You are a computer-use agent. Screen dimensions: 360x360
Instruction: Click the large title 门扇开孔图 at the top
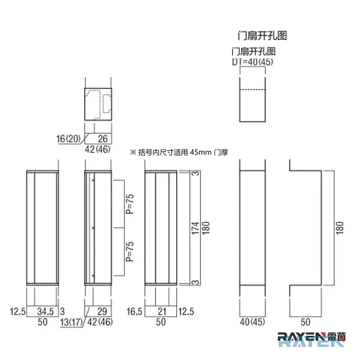tap(262, 36)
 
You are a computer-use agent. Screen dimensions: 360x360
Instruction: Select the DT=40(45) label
tap(252, 61)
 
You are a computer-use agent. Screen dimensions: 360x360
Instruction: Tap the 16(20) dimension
tap(69, 138)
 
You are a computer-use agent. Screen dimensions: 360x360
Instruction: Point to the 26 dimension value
tap(103, 138)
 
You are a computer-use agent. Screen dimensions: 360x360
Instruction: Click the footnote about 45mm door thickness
tap(179, 153)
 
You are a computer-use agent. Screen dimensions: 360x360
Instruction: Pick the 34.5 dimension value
tap(46, 312)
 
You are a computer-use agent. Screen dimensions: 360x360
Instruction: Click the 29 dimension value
tap(102, 312)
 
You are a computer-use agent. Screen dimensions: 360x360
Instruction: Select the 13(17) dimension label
tap(71, 322)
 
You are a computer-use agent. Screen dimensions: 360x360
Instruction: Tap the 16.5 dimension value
tap(134, 312)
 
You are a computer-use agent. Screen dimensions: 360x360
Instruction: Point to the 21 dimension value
tap(162, 312)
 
